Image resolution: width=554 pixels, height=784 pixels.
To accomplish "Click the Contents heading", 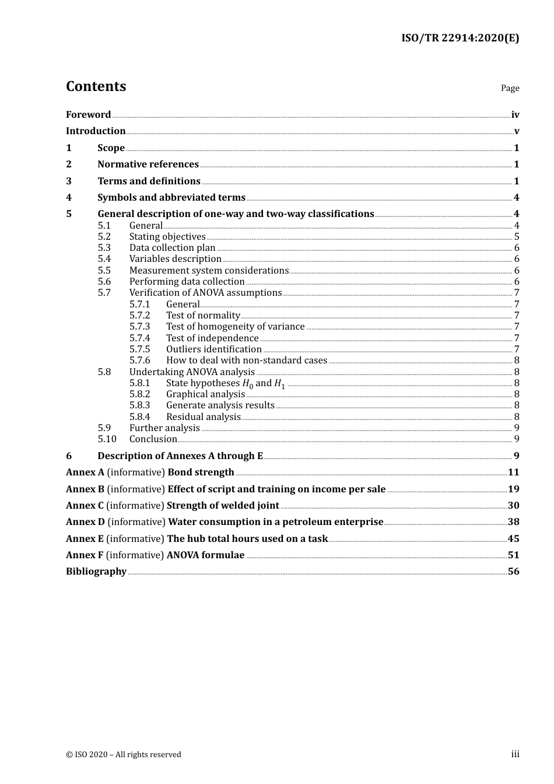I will point(96,86).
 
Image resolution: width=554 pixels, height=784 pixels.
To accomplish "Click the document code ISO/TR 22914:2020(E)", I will point(460,38).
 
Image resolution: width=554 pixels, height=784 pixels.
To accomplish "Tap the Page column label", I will point(510,88).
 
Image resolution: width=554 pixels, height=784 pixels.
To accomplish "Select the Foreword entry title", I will point(88,115).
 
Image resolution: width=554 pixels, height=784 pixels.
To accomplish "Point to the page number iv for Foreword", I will point(515,115).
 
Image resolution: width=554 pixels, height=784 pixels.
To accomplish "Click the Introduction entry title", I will point(96,131).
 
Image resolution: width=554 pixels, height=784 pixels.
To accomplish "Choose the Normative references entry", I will point(148,164).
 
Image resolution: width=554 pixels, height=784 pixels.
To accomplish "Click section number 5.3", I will point(104,248).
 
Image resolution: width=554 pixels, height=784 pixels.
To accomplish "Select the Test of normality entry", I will point(203,316).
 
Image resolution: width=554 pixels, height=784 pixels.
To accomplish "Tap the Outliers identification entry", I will point(213,349).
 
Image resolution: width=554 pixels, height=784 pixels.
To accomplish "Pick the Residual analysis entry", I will point(203,417).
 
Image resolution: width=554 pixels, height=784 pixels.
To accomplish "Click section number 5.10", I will point(107,439).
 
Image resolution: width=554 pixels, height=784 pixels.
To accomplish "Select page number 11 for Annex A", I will point(513,473).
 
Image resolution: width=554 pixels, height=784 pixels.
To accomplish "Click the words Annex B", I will point(85,489).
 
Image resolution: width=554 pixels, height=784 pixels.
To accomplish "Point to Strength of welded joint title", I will point(223,506).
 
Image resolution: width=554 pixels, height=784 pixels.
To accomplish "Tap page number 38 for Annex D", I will point(513,522).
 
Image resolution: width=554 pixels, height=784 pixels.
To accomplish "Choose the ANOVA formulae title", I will point(205,555).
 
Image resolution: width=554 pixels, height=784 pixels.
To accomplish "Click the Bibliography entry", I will point(96,572).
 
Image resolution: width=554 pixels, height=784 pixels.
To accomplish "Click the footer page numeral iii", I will point(515,754).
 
